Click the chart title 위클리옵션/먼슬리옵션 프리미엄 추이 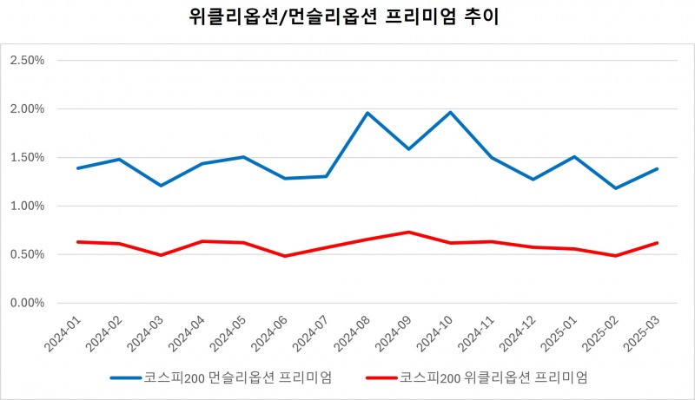(x=347, y=16)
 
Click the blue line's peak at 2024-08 (x=367, y=113)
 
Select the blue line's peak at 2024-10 (x=450, y=112)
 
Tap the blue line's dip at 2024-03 (x=161, y=186)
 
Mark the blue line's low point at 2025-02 (x=616, y=188)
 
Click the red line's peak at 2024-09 (x=409, y=232)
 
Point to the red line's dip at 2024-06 (x=285, y=256)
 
